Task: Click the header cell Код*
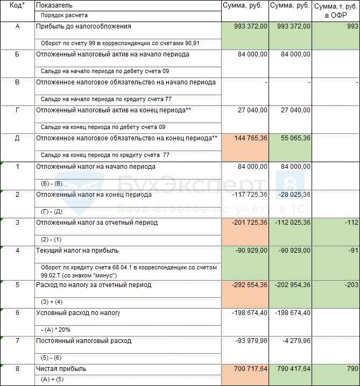click(x=17, y=5)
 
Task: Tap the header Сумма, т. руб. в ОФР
click(x=335, y=10)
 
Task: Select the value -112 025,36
click(x=291, y=223)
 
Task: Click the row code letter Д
click(x=17, y=138)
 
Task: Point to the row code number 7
click(x=17, y=341)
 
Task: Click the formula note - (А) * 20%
click(x=55, y=330)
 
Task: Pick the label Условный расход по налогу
click(x=78, y=313)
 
